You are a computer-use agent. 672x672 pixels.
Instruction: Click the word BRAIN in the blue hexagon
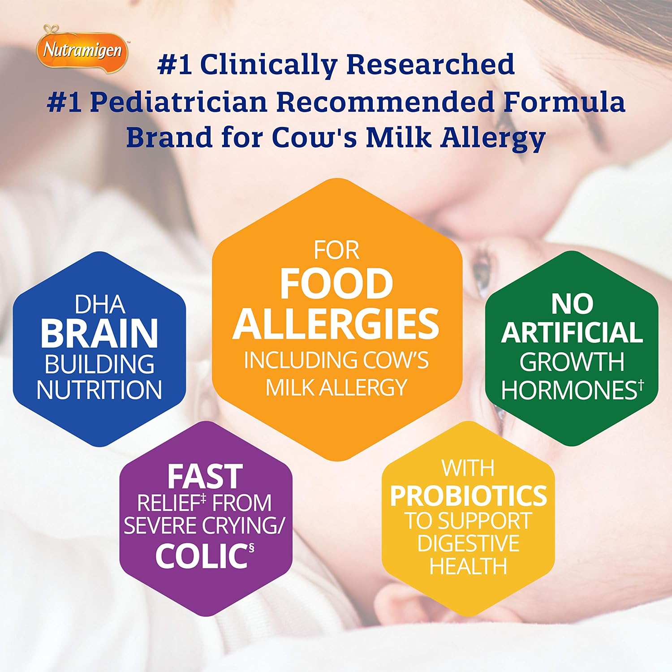99,333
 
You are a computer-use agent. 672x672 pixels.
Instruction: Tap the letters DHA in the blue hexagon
99,305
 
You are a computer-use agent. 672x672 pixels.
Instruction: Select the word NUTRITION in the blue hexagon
99,389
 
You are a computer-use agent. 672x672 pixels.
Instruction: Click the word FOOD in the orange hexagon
336,284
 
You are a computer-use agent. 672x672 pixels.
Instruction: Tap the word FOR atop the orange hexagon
336,250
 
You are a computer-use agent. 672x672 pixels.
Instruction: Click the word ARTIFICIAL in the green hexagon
572,332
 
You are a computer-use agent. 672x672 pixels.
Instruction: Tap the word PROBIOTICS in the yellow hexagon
468,495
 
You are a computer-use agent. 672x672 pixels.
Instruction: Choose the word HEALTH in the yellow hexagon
468,566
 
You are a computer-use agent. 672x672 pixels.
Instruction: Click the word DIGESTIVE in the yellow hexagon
468,543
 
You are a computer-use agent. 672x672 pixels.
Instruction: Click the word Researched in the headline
431,64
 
